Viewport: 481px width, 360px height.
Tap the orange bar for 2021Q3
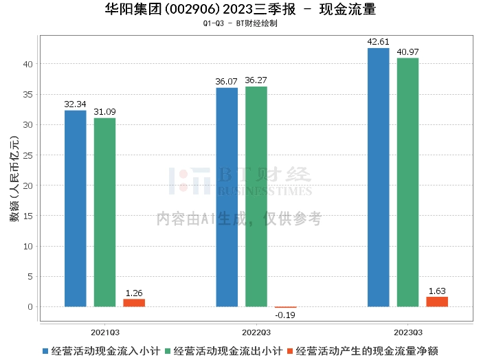click(134, 302)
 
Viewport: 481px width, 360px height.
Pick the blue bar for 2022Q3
click(227, 196)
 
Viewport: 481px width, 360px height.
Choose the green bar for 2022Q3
click(256, 196)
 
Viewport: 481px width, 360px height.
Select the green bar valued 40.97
click(407, 182)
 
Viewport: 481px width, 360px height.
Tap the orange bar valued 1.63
click(437, 302)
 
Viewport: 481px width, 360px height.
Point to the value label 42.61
click(378, 42)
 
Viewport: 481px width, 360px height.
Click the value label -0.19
click(286, 315)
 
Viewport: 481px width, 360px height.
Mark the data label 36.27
click(256, 80)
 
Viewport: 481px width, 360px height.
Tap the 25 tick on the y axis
click(28, 155)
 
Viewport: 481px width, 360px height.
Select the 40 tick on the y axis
click(28, 64)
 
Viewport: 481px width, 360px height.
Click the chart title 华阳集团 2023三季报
click(240, 10)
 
